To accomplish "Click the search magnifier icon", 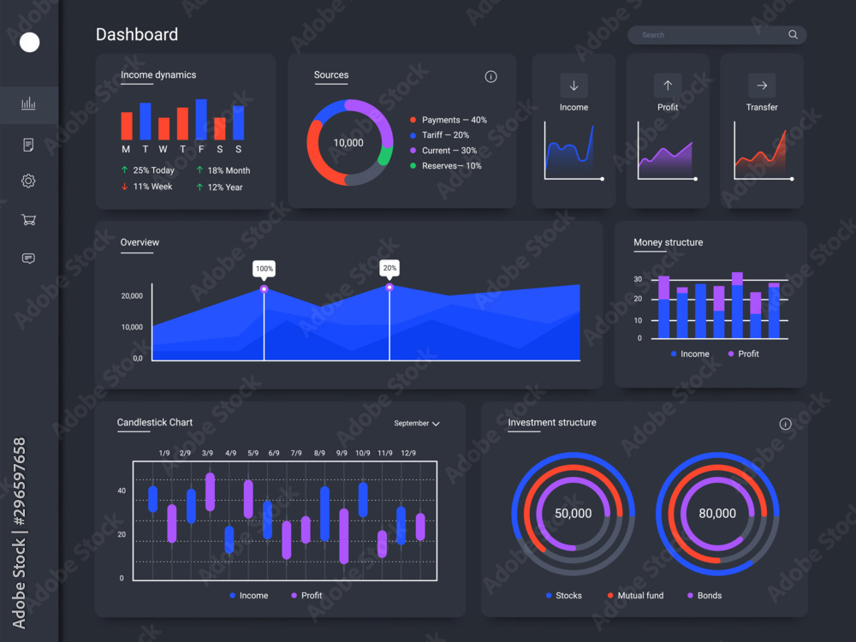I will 793,35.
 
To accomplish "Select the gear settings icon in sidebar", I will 28,181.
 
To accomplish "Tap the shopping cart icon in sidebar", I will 28,220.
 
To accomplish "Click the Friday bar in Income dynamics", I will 201,120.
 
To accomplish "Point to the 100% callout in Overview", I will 264,269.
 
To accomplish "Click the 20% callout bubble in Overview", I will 389,269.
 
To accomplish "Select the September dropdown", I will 416,424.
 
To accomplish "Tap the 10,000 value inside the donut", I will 348,143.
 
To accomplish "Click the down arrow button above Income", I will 574,85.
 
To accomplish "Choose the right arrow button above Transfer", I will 761,85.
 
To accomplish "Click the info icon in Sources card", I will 490,76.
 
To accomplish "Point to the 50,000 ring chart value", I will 573,514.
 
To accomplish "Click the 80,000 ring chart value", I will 717,514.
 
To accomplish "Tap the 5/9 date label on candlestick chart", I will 253,453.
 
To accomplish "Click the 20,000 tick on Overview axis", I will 132,296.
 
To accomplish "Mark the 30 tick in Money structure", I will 638,280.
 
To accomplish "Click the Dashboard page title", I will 137,35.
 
